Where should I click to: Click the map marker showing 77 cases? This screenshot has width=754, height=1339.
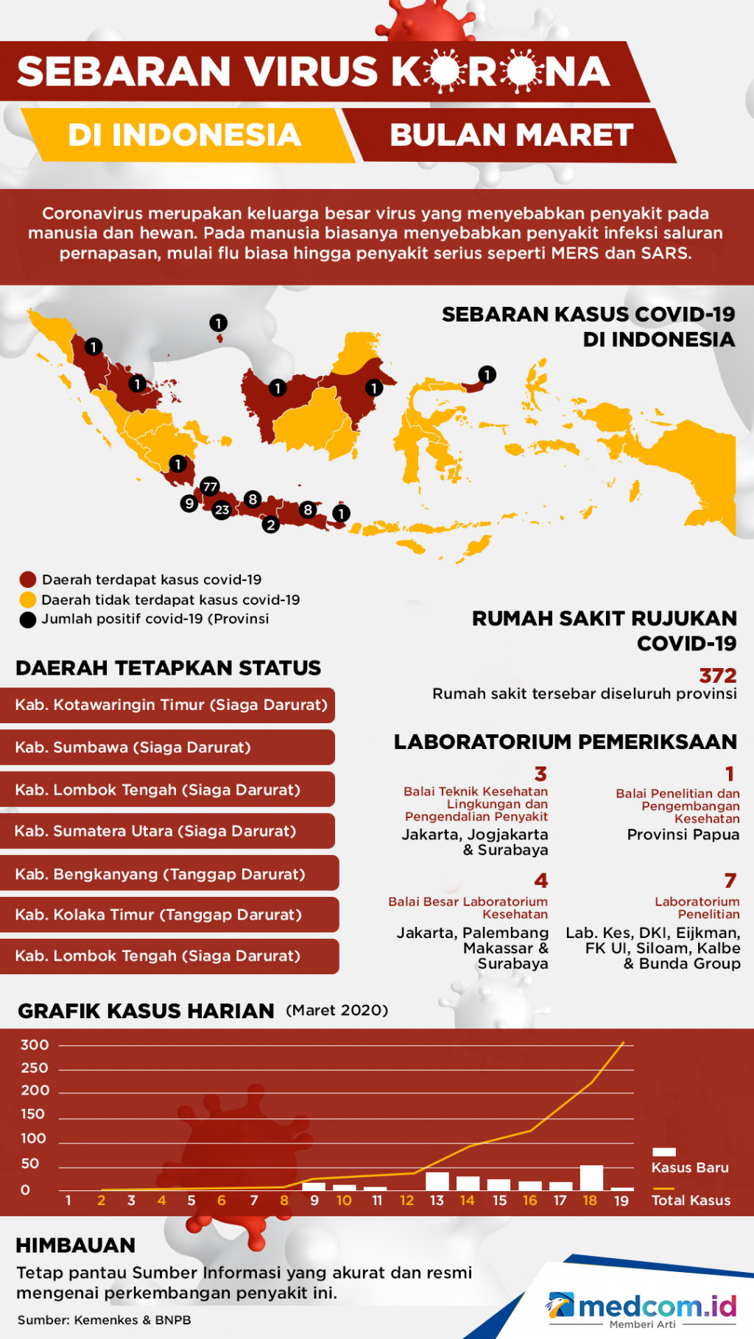210,486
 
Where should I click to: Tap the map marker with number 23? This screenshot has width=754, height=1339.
222,510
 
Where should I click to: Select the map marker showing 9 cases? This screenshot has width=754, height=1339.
189,503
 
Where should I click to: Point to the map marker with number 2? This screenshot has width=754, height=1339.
271,525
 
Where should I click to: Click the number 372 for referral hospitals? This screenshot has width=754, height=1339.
717,675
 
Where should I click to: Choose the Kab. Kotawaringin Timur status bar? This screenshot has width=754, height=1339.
168,705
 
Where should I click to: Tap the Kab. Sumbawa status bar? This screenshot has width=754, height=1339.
168,747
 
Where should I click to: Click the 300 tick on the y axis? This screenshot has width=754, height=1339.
35,1045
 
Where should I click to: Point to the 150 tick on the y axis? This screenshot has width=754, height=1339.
32,1114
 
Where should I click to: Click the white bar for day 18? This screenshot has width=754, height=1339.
591,1177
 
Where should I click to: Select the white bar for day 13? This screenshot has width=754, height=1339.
437,1181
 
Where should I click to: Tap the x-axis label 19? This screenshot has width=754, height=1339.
621,1201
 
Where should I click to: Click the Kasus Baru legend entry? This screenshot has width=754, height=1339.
689,1162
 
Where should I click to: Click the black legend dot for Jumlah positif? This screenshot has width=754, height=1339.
28,619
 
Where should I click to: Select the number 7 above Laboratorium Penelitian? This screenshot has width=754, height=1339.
730,881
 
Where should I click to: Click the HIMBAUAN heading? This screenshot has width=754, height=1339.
76,1245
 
